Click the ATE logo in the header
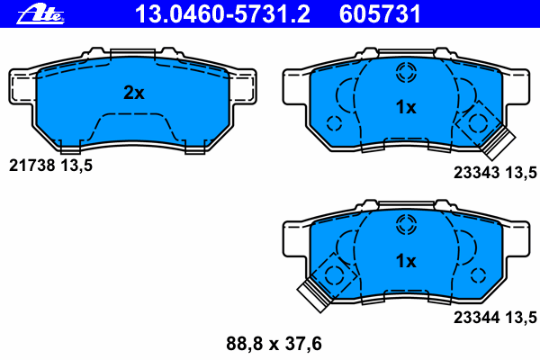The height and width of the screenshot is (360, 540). [x=40, y=14]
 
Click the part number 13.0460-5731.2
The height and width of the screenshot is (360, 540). [x=222, y=14]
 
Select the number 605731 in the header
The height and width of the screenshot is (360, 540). [x=380, y=14]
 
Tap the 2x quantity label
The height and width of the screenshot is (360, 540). [x=133, y=93]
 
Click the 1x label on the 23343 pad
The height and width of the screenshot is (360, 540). [x=406, y=107]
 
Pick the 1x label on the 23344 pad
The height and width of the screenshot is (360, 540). [x=406, y=261]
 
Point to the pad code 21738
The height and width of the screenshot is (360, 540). [x=31, y=166]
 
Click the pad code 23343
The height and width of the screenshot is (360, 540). [x=476, y=172]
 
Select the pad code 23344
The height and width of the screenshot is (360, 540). [x=476, y=318]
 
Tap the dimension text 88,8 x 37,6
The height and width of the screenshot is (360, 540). [x=274, y=344]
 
